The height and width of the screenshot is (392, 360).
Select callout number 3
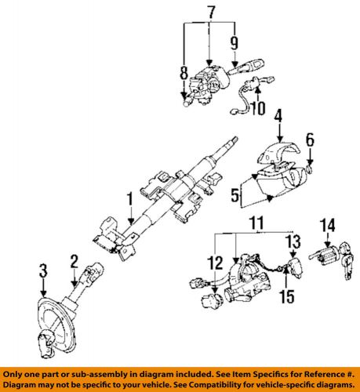pyautogui.click(x=44, y=271)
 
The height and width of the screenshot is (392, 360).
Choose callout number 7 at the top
pyautogui.click(x=210, y=13)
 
